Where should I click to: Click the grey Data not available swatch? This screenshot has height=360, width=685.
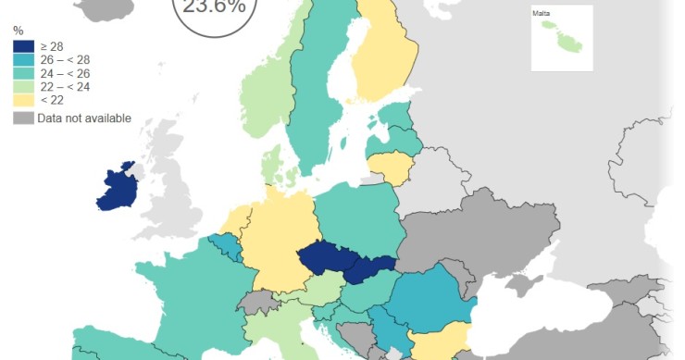tap(23, 118)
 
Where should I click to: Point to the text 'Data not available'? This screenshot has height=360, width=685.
tap(84, 118)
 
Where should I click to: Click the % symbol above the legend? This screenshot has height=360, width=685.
tap(18, 31)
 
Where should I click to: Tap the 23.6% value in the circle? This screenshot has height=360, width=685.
tap(215, 7)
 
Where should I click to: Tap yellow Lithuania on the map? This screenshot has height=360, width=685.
tap(388, 168)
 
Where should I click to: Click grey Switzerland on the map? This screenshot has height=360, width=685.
tap(262, 302)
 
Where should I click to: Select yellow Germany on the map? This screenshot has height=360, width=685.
tap(278, 241)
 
